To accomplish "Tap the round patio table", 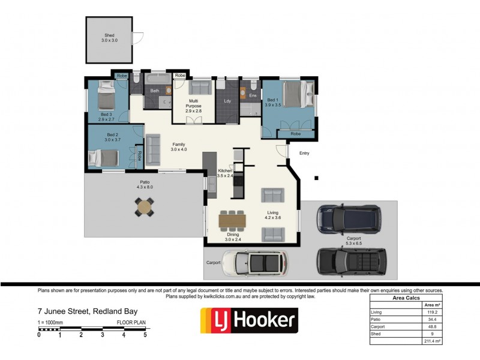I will pos(145,208).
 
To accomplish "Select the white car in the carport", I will pos(255,262).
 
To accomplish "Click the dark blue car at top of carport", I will pos(349,219).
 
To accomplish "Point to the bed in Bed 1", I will pos(296,95).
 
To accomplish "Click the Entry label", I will pos(304,154).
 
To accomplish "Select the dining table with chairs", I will pos(232,220).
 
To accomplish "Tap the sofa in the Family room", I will pos(153,149).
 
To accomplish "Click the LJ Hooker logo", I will pos(248,320).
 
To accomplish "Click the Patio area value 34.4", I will pos(431,319).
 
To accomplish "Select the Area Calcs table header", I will pos(406,298).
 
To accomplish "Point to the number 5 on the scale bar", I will pos(145,335).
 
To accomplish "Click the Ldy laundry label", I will pos(227,101).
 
